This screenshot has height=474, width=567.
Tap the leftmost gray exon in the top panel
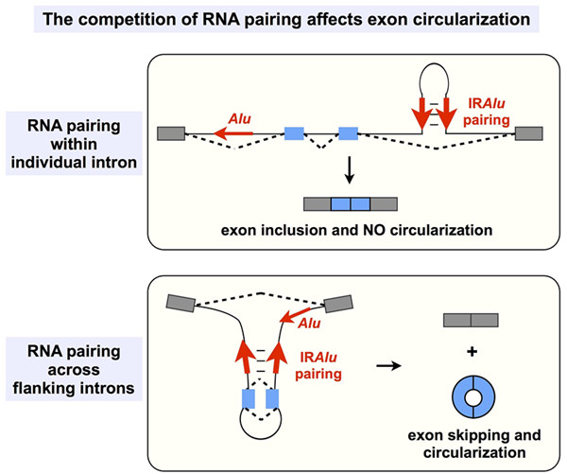click(x=172, y=133)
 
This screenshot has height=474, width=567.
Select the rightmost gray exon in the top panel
click(x=529, y=134)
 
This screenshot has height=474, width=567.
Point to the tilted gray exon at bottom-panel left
click(x=180, y=305)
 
